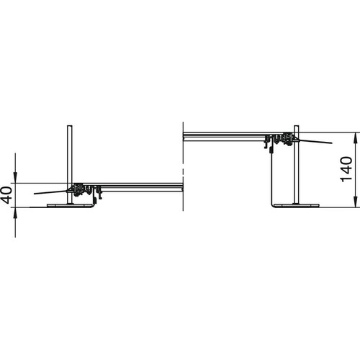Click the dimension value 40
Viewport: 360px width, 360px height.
(7, 195)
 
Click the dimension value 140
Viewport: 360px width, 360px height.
(346, 169)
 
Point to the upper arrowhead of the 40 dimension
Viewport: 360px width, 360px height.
(15, 177)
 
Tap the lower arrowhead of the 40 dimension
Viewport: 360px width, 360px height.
(15, 213)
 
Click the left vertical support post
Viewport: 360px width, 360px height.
(70, 165)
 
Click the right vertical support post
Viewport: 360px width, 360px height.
(297, 165)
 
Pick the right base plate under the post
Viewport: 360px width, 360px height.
(297, 206)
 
